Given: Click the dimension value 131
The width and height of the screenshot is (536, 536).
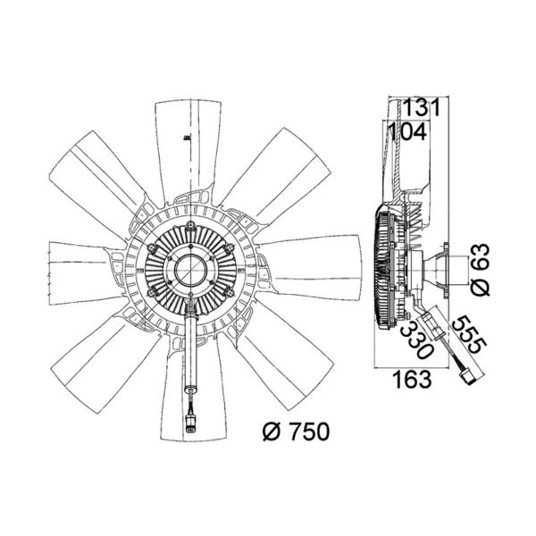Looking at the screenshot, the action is (x=422, y=107).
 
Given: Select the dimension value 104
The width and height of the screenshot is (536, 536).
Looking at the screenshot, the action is (x=408, y=131).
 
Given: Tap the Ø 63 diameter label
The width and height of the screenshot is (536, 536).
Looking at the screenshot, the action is (x=481, y=270).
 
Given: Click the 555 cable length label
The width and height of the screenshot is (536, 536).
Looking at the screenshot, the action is (x=469, y=334).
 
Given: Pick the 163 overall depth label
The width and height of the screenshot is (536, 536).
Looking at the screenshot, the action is (x=412, y=380).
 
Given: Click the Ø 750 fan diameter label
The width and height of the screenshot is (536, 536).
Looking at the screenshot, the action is (x=296, y=431).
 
